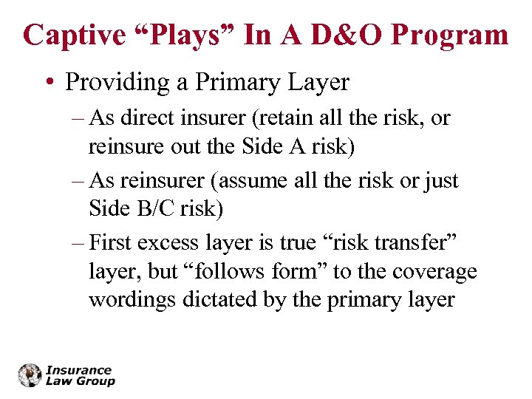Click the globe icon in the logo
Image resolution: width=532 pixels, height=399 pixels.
(30, 375)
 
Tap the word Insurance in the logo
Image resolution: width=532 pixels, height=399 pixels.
(78, 370)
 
